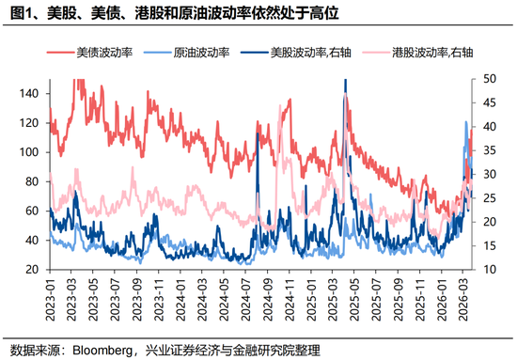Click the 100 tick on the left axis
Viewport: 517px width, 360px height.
click(33, 152)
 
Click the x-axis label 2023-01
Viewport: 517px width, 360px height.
click(51, 301)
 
